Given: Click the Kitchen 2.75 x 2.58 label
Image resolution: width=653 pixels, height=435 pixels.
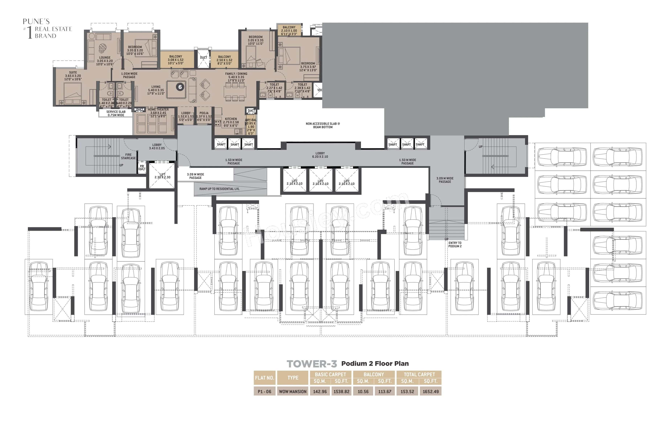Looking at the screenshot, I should click(x=231, y=122).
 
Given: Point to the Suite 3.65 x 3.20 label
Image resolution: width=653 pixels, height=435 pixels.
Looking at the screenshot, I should click(x=73, y=76).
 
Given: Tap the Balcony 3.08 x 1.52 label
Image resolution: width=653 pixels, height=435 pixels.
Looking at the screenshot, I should click(x=176, y=60).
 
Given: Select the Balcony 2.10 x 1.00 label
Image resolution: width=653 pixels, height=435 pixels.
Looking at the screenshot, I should click(x=289, y=30).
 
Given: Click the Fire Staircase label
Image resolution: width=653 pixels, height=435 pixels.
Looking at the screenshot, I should click(x=128, y=156).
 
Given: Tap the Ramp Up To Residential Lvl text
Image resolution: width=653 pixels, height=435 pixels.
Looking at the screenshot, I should click(x=219, y=189).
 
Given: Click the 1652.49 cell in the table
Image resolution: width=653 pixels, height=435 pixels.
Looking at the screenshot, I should click(x=430, y=391).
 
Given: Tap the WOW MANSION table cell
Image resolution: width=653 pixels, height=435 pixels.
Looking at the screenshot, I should click(x=293, y=391).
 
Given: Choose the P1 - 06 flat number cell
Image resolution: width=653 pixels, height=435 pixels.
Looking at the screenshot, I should click(x=264, y=391).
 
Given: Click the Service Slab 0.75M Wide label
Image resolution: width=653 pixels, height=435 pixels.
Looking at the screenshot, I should click(x=116, y=113).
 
